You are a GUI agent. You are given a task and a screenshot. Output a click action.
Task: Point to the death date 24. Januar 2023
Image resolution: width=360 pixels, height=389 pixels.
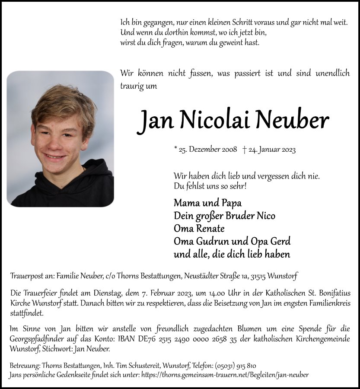[x=272, y=150]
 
